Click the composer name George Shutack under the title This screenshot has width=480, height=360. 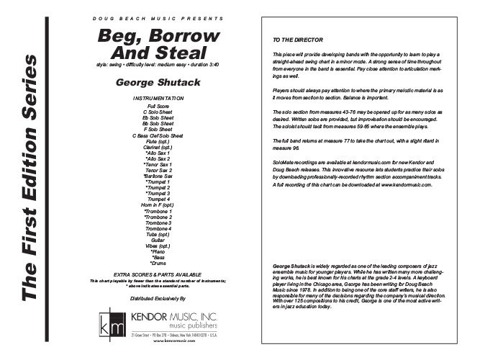(x=151, y=84)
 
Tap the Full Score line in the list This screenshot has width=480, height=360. (x=151, y=105)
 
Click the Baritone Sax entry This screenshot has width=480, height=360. (x=151, y=176)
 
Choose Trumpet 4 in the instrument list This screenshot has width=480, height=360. (x=151, y=199)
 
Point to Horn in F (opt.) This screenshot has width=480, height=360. (x=151, y=204)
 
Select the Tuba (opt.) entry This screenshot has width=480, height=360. (x=151, y=233)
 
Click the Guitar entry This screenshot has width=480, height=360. (x=151, y=239)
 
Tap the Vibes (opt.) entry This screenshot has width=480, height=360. (x=151, y=245)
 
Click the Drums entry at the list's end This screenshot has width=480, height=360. (x=151, y=262)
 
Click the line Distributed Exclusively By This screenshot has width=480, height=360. (x=151, y=297)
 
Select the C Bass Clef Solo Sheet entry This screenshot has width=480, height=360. (x=151, y=136)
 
